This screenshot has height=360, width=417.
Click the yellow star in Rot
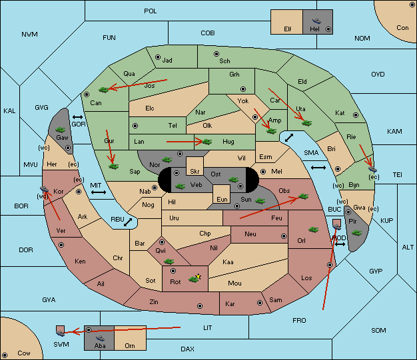click(x=198, y=277)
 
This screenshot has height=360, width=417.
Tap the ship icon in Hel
click(x=316, y=21)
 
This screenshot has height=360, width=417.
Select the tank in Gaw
click(x=61, y=130)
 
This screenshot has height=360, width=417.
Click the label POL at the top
click(x=151, y=11)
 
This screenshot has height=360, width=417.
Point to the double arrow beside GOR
click(x=78, y=117)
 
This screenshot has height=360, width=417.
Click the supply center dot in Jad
click(x=158, y=57)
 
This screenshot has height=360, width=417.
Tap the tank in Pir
click(x=356, y=233)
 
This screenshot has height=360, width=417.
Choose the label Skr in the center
click(x=195, y=172)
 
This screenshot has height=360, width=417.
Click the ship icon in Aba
click(x=100, y=338)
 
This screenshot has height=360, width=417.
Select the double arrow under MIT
click(x=99, y=192)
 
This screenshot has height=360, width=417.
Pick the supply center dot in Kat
click(x=356, y=115)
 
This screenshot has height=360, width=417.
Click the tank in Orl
click(x=313, y=230)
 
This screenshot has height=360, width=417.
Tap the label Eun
click(x=222, y=199)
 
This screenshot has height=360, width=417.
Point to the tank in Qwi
click(x=169, y=262)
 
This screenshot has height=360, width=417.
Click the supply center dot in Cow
click(x=5, y=355)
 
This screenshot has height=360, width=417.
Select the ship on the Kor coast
click(x=44, y=189)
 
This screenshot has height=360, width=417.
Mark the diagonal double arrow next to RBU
click(x=128, y=222)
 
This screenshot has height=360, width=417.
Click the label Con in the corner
click(x=402, y=28)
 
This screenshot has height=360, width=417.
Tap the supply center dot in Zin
click(x=200, y=306)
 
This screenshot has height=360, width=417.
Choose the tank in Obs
click(x=303, y=196)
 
